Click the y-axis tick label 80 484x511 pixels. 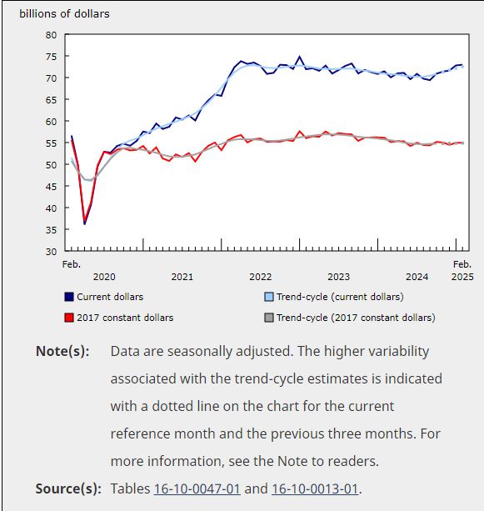[51, 35]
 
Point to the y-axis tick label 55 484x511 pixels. [51, 143]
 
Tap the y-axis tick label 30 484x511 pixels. [51, 252]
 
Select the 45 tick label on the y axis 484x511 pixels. [51, 187]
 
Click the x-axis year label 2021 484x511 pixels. [182, 277]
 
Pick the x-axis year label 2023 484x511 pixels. [338, 277]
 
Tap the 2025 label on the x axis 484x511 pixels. [462, 277]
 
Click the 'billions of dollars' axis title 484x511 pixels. [64, 14]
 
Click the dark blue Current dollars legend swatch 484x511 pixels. [69, 297]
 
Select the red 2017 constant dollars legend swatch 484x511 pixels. [69, 318]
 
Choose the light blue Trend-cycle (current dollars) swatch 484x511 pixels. [269, 297]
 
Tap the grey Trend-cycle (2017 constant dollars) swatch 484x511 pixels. [269, 318]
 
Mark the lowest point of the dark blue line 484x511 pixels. [85, 224]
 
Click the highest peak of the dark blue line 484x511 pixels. [299, 57]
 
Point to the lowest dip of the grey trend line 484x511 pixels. [88, 180]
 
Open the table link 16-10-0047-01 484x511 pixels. [197, 488]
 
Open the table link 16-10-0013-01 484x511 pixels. [315, 488]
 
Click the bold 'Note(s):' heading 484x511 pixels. [62, 351]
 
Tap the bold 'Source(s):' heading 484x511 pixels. [68, 488]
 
